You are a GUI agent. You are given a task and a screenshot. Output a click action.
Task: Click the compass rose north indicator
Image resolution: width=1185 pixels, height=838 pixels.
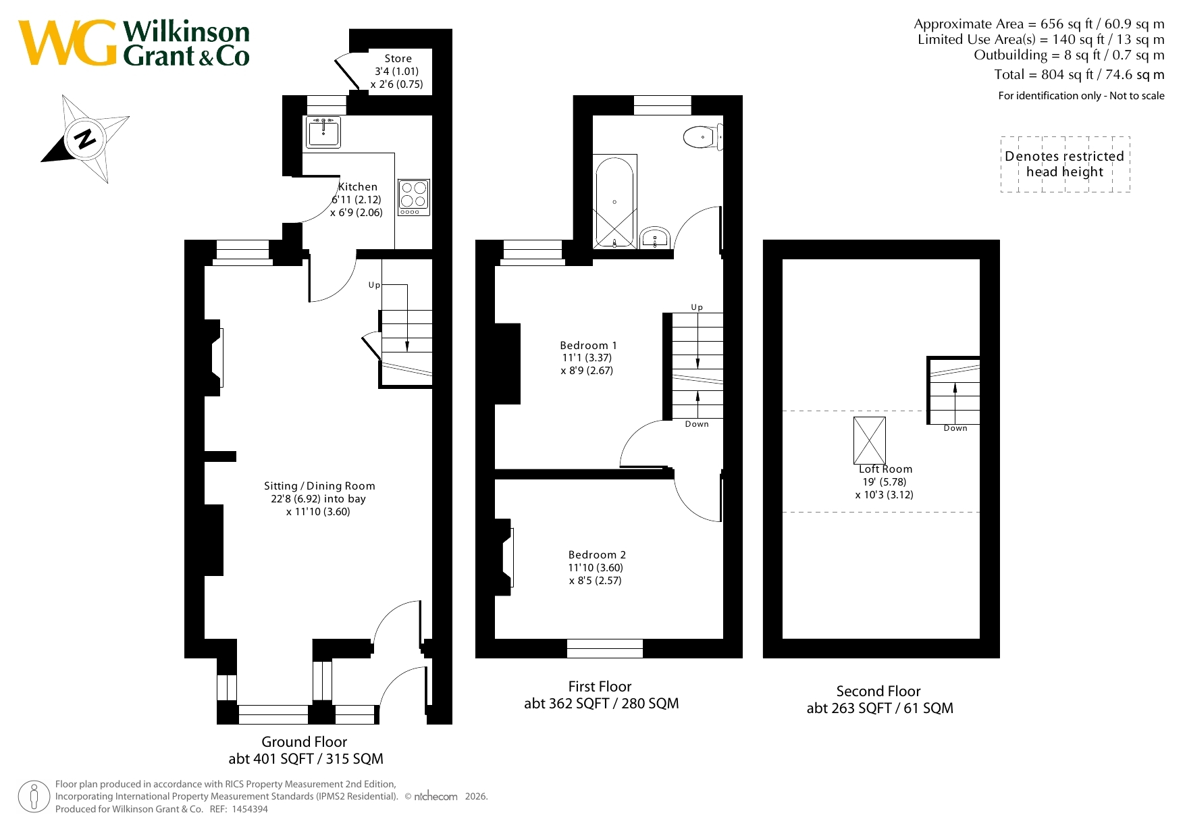pyautogui.click(x=85, y=138)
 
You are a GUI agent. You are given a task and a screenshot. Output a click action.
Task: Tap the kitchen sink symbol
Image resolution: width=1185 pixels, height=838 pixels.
pyautogui.click(x=323, y=132)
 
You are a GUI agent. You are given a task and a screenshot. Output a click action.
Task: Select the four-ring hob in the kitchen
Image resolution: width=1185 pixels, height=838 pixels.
pyautogui.click(x=413, y=197)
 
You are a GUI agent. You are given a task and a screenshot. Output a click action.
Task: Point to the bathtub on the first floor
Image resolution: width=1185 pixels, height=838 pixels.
pyautogui.click(x=614, y=201)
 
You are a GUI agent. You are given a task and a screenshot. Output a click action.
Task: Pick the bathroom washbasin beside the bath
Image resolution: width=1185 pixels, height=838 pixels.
pyautogui.click(x=654, y=238)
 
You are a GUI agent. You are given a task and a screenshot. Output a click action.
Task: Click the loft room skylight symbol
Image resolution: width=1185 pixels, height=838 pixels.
pyautogui.click(x=870, y=440)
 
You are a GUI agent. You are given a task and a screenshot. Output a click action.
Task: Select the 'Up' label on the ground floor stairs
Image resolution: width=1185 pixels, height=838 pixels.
pyautogui.click(x=374, y=285)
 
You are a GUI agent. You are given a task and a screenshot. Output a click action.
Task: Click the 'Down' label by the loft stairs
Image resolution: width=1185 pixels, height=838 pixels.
pyautogui.click(x=955, y=428)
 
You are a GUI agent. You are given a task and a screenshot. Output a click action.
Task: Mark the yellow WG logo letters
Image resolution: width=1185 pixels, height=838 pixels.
pyautogui.click(x=68, y=43)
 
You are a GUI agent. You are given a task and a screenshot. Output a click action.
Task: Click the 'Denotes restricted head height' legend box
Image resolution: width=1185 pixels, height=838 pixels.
pyautogui.click(x=1065, y=164)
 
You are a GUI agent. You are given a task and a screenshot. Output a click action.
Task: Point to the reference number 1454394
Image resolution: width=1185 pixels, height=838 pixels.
pyautogui.click(x=250, y=809)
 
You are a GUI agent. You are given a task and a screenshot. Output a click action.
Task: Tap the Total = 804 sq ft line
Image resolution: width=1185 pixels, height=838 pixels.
pyautogui.click(x=1079, y=74)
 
